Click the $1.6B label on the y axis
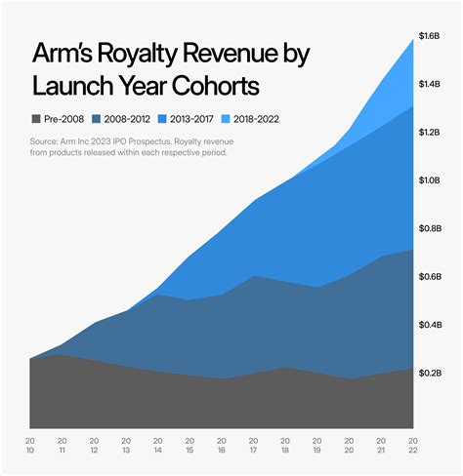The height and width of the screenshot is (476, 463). tap(431, 35)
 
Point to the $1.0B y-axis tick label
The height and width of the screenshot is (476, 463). tap(431, 180)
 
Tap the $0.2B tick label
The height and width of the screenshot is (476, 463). tap(431, 373)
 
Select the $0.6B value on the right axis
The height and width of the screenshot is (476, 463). tap(431, 276)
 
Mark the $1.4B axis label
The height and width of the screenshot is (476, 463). tap(431, 85)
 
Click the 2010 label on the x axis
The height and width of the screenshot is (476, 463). tap(32, 446)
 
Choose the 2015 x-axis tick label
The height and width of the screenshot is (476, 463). tap(190, 446)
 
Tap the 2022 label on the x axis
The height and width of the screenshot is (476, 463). tap(411, 446)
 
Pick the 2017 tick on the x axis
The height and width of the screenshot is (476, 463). tap(253, 446)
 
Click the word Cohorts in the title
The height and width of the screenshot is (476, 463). tap(216, 86)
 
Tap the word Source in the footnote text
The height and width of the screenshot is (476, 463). tap(49, 141)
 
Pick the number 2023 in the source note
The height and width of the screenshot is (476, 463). tap(118, 141)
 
